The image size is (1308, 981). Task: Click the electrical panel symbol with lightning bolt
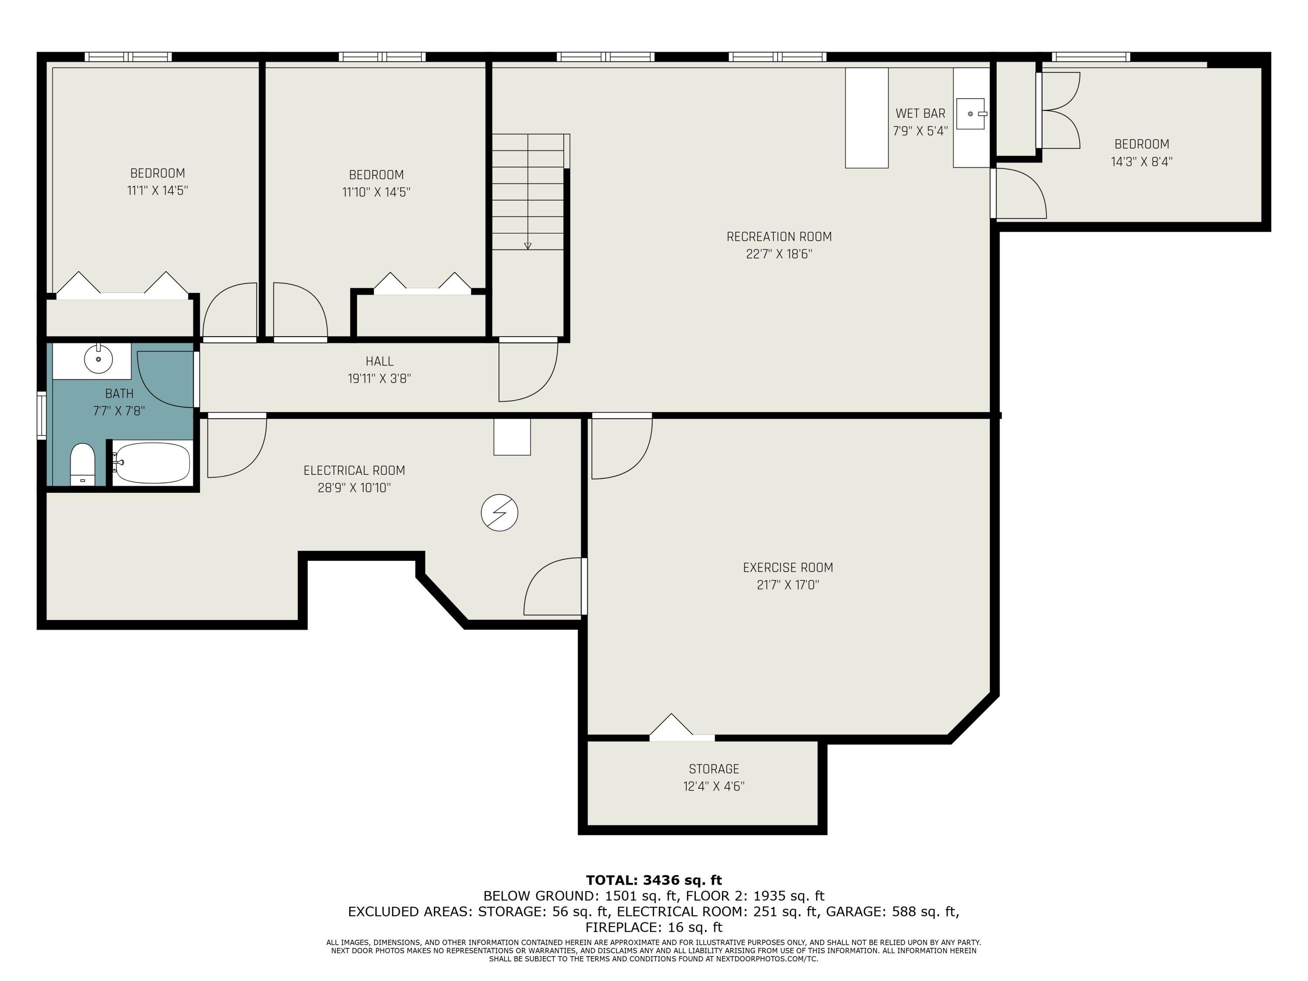[x=499, y=513]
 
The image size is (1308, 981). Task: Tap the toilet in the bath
[x=83, y=465]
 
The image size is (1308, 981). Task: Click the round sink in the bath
[x=98, y=359]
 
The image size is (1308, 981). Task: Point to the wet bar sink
[x=971, y=113]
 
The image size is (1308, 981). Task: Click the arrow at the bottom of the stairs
[x=528, y=245]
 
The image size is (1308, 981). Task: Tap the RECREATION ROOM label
[x=779, y=236]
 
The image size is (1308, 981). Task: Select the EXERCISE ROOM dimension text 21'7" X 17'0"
[x=788, y=585]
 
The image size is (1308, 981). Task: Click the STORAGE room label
[x=714, y=769]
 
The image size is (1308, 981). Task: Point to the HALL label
[x=379, y=361]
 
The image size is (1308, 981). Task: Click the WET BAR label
[x=920, y=113]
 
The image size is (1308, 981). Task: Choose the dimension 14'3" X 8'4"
[x=1141, y=161]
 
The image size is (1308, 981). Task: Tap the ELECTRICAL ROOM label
[x=354, y=471]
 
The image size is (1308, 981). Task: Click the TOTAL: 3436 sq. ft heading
[x=654, y=880]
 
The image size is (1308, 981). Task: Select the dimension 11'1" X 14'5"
[x=157, y=191]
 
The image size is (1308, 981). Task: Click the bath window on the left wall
[x=41, y=415]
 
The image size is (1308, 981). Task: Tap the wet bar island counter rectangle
[x=866, y=118]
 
